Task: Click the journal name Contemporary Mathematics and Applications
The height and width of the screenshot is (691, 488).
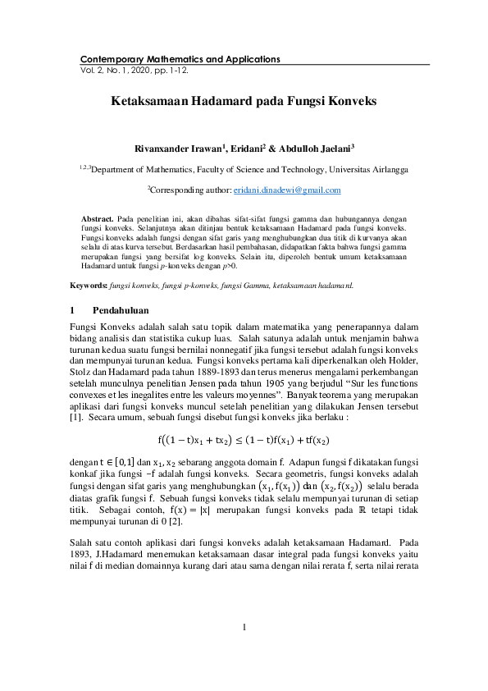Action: click(x=180, y=59)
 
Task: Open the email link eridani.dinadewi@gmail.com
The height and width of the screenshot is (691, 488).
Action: click(x=310, y=190)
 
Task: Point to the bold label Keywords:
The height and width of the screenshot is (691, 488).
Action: click(x=89, y=286)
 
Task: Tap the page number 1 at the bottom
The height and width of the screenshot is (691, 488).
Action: click(x=244, y=629)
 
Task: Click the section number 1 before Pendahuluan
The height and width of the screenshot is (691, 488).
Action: click(x=74, y=311)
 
